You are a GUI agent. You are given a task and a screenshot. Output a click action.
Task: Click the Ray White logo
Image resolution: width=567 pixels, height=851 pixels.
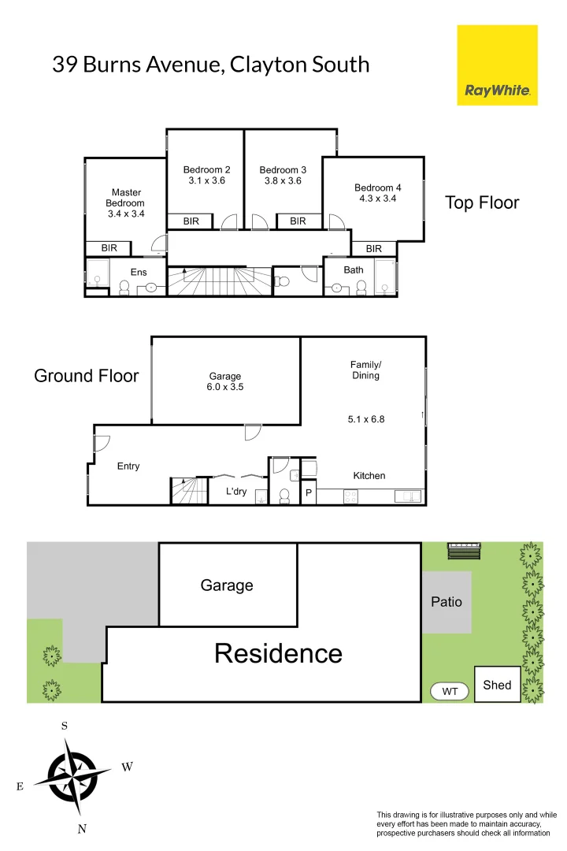click(x=497, y=65)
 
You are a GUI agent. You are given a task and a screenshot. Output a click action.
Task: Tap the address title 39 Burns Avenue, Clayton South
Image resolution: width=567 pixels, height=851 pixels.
click(x=210, y=65)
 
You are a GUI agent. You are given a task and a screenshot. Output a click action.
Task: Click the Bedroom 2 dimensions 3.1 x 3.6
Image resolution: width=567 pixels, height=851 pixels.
click(x=207, y=180)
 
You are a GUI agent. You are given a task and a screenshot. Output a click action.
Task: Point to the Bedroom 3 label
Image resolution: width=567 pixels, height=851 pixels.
click(x=283, y=169)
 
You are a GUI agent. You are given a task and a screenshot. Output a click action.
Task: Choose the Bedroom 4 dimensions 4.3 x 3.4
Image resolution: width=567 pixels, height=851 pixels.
click(x=377, y=199)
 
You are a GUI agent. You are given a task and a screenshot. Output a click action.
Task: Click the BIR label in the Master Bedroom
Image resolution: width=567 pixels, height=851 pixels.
click(x=109, y=248)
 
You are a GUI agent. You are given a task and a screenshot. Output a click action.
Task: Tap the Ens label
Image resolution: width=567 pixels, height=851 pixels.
click(x=139, y=272)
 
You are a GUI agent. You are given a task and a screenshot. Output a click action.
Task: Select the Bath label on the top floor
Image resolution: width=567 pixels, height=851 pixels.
click(x=354, y=270)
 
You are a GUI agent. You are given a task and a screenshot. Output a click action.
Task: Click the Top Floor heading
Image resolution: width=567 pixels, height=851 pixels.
click(x=482, y=203)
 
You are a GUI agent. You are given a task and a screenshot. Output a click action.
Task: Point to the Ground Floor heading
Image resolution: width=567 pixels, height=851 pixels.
click(x=86, y=376)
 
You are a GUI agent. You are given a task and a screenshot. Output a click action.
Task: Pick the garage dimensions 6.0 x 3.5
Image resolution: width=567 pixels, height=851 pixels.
click(x=225, y=388)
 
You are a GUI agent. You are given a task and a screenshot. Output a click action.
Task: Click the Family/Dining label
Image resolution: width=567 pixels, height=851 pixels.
click(x=365, y=370)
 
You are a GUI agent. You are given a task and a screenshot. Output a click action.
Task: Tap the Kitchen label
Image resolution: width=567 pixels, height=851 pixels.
click(x=369, y=475)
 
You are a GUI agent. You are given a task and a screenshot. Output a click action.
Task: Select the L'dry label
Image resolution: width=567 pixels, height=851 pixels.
click(x=236, y=492)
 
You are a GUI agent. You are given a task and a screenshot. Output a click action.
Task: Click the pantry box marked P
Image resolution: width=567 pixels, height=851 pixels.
click(x=308, y=492)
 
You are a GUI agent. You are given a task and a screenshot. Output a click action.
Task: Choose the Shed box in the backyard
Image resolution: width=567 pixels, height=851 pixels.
click(x=497, y=685)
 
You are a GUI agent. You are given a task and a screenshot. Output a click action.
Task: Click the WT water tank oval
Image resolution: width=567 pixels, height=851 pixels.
click(x=450, y=691)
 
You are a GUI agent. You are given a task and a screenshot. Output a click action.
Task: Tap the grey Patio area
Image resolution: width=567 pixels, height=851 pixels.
click(x=447, y=602)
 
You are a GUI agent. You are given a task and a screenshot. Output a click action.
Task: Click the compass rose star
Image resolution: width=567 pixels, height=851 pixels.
click(x=72, y=775)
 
